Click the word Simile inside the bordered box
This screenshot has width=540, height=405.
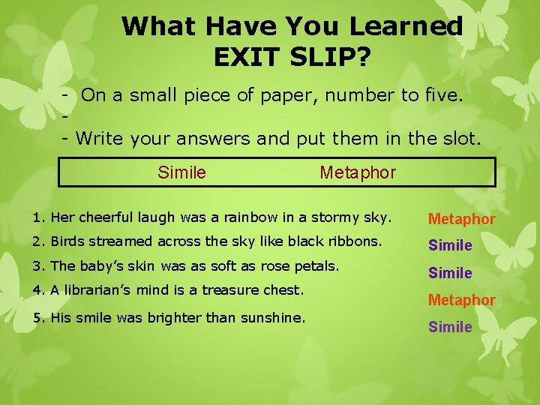tap(181, 172)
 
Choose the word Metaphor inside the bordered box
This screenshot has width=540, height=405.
tap(358, 172)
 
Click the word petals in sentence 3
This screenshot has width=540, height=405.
tap(319, 265)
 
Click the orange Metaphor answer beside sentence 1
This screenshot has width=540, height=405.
tap(461, 219)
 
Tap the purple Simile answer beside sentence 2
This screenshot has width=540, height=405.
tap(450, 245)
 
